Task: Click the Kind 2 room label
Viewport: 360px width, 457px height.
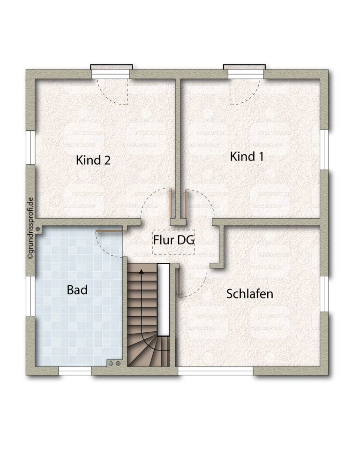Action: click(x=93, y=160)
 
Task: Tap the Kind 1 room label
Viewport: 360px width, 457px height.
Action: click(x=247, y=157)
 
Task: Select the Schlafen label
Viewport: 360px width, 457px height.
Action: click(x=250, y=294)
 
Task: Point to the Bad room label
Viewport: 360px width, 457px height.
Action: click(x=77, y=290)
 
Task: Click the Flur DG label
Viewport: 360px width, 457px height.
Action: click(x=173, y=240)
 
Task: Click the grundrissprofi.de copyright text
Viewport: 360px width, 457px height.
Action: click(x=30, y=228)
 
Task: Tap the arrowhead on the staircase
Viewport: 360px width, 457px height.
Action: click(x=142, y=272)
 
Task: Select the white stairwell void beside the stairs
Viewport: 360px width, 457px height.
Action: click(x=164, y=300)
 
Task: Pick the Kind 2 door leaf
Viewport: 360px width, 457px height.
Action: click(x=170, y=203)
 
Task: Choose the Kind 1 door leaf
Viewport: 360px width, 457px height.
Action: click(x=186, y=204)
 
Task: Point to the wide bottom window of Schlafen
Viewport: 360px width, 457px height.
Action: click(x=216, y=371)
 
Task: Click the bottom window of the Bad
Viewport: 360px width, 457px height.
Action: click(x=75, y=371)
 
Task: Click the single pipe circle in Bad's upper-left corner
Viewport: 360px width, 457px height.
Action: click(x=38, y=229)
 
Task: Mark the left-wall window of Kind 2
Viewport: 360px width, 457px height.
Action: click(x=30, y=147)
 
